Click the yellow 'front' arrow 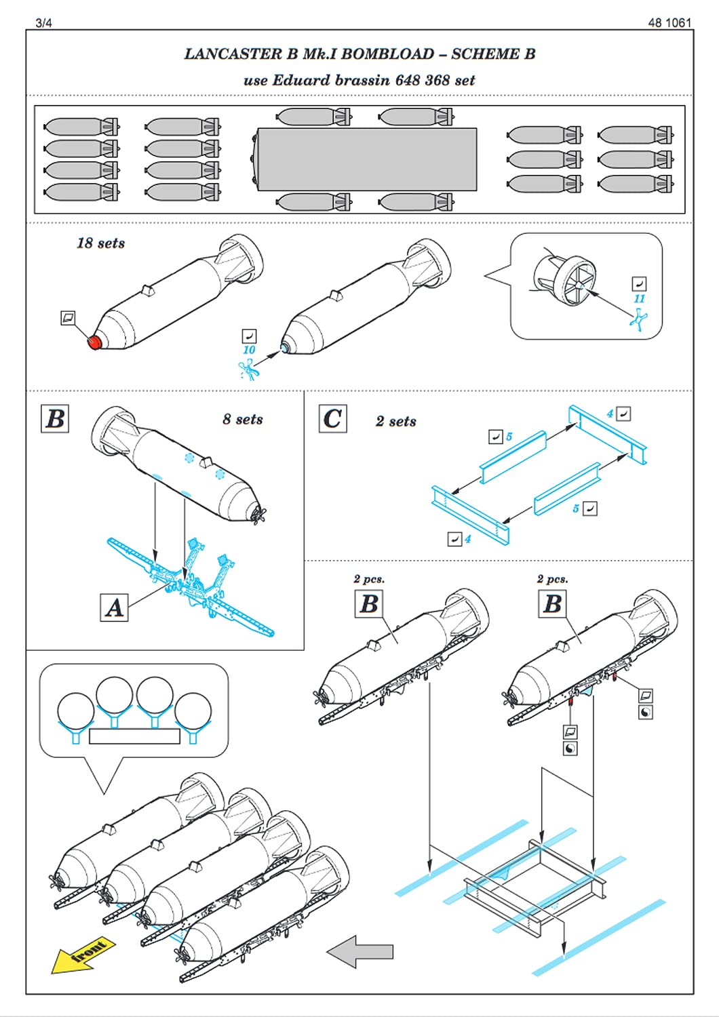pos(83,955)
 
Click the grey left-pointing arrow pos(359,952)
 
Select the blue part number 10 pos(250,350)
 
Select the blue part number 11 pos(639,299)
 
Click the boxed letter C pos(333,418)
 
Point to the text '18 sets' pos(100,243)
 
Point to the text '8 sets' pos(243,419)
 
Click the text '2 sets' pos(395,421)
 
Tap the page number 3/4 pos(43,23)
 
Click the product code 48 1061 pos(669,22)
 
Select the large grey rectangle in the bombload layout pos(367,159)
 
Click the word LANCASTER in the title pos(233,54)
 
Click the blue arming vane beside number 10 pos(248,369)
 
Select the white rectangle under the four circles pos(134,736)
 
